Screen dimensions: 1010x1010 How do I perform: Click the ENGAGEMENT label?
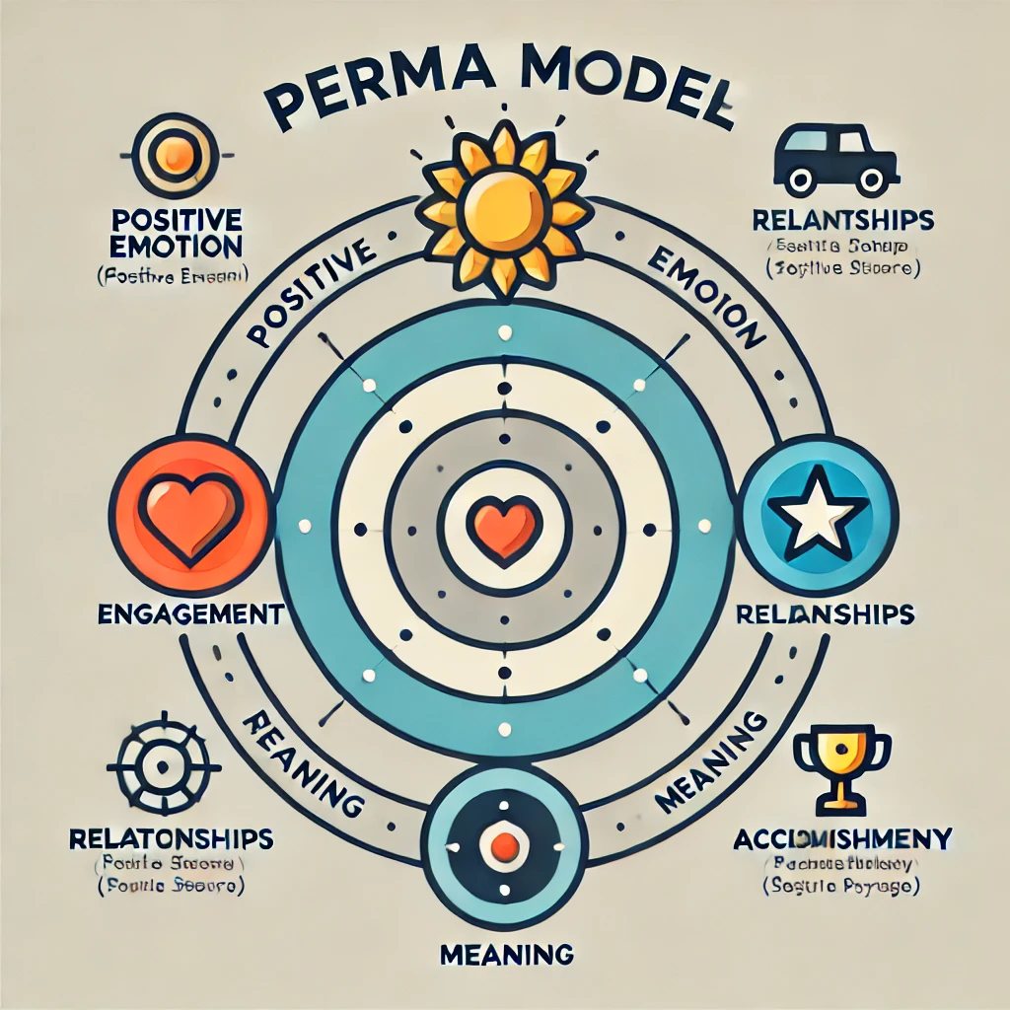(191, 614)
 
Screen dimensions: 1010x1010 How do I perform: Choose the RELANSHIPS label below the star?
(825, 614)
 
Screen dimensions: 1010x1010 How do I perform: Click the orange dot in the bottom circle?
(505, 845)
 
